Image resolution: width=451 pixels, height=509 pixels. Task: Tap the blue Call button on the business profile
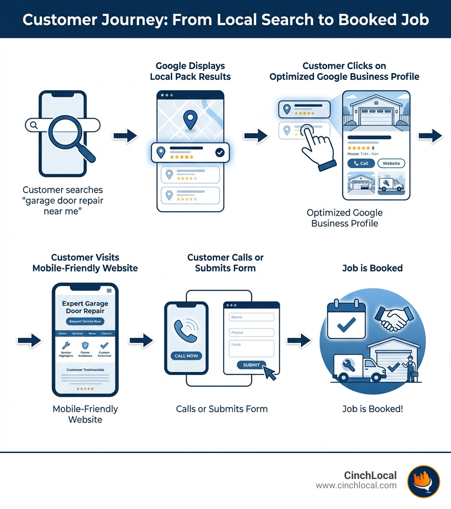click(361, 163)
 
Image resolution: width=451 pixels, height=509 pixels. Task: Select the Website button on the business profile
click(391, 163)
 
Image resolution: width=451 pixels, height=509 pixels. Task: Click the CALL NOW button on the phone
click(186, 356)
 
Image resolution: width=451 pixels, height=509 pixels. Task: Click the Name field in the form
click(251, 317)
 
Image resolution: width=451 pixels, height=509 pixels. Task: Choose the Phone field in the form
click(251, 333)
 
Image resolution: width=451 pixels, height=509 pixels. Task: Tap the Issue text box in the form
click(251, 348)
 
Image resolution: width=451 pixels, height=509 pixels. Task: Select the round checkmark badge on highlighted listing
click(219, 153)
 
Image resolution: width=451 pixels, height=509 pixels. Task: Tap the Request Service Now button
click(85, 322)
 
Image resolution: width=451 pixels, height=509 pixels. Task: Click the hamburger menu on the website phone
click(109, 290)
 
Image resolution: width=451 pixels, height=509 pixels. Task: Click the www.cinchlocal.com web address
click(356, 486)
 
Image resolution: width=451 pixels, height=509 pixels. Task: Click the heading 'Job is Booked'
click(372, 268)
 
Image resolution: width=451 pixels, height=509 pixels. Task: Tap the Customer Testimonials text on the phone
click(85, 370)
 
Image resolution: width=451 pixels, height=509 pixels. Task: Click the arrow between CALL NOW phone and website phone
click(141, 340)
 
